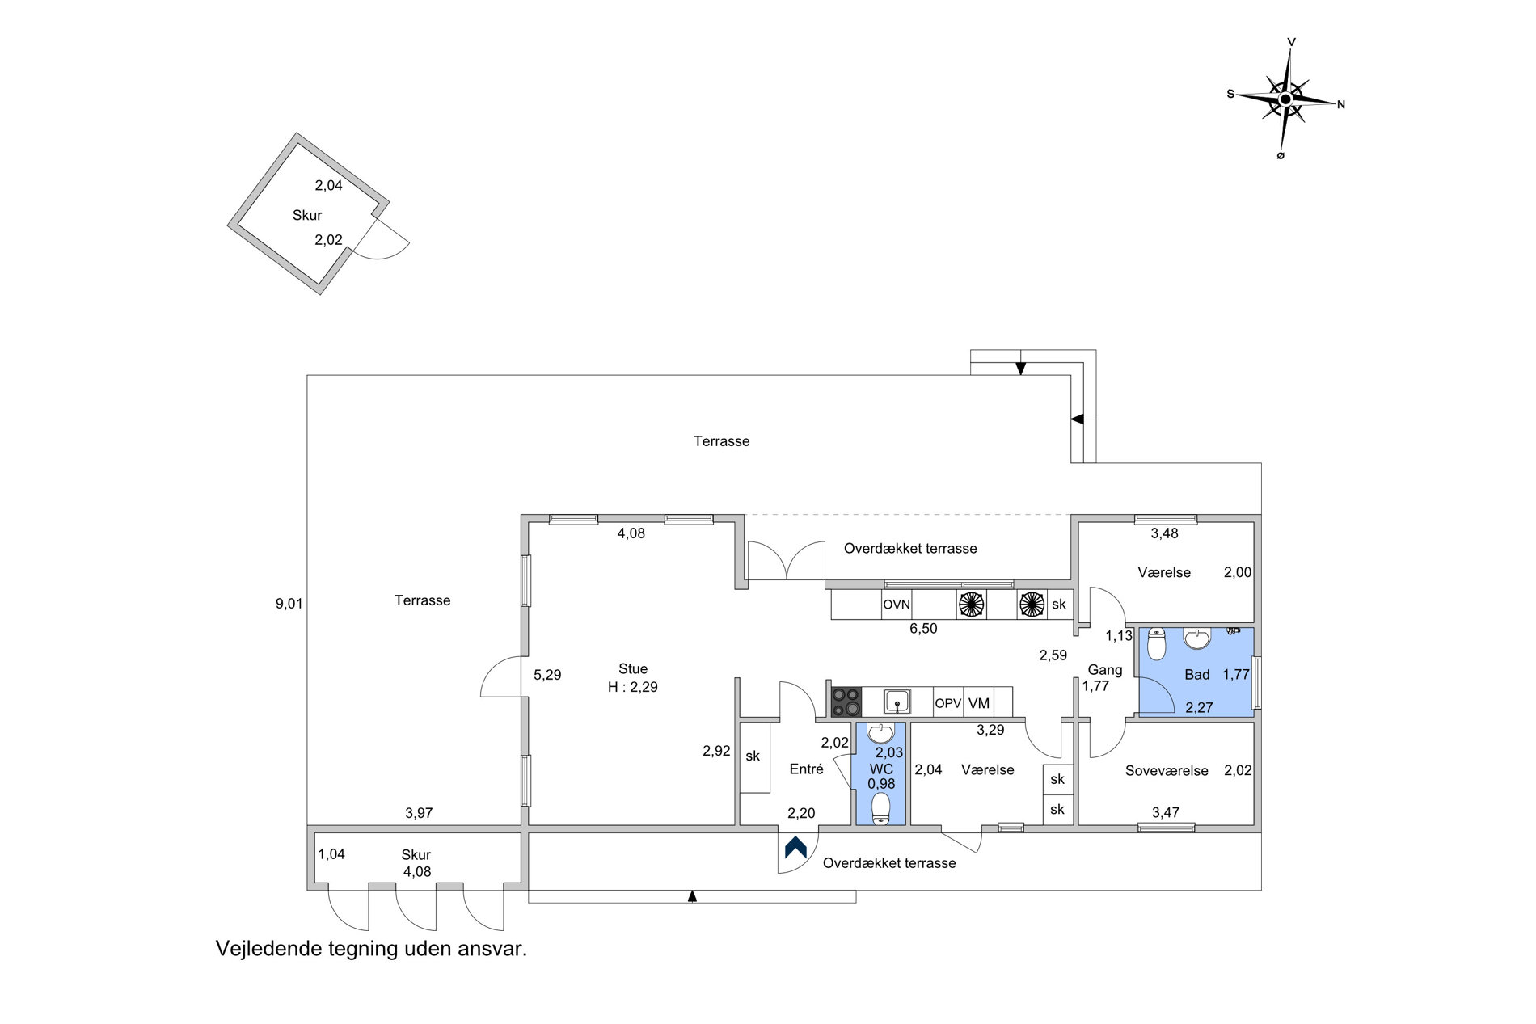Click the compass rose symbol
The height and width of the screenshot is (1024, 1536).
(x=1285, y=99)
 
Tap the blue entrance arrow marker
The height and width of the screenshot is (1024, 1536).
(x=795, y=847)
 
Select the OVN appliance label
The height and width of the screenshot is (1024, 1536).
(x=897, y=605)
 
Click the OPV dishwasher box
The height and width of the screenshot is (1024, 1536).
(x=948, y=703)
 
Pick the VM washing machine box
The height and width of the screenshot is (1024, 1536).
(x=979, y=703)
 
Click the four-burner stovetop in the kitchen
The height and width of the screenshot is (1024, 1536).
(x=846, y=702)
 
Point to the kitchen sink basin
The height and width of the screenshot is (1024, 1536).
(x=897, y=701)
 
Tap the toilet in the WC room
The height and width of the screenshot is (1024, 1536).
(x=880, y=809)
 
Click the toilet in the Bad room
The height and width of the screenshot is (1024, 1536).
(x=1157, y=645)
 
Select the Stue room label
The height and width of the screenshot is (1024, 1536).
(x=633, y=669)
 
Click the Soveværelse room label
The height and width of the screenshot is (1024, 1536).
(x=1167, y=771)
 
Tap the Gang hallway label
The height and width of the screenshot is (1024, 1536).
(x=1105, y=670)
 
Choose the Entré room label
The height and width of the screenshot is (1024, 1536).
(x=806, y=769)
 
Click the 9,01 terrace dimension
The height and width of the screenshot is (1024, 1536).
(x=289, y=604)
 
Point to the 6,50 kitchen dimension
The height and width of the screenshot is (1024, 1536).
(x=923, y=629)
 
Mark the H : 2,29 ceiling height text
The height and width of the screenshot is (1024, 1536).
(x=633, y=688)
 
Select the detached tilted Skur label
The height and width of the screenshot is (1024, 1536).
(x=307, y=216)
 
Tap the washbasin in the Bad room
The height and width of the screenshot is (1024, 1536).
(x=1197, y=638)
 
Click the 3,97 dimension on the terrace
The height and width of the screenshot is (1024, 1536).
(x=419, y=814)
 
